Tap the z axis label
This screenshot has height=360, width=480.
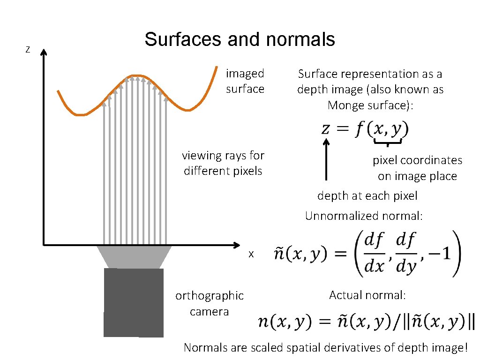click(x=28, y=50)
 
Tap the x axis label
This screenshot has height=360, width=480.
click(x=251, y=254)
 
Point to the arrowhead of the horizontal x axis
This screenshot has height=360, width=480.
click(x=237, y=245)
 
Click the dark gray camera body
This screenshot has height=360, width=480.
click(x=134, y=302)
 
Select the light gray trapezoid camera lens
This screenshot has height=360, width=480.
click(x=134, y=256)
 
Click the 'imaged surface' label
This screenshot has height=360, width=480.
click(x=245, y=81)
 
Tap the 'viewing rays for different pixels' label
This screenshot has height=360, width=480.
click(x=223, y=163)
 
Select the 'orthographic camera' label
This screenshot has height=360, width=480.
click(x=209, y=303)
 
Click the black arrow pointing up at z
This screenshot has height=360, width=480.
click(x=327, y=159)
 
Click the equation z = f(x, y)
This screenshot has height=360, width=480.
click(x=365, y=129)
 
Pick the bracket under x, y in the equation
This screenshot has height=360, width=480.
click(x=388, y=142)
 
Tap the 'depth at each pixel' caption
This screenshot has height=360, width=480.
click(x=367, y=195)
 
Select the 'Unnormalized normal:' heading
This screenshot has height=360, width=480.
click(x=364, y=216)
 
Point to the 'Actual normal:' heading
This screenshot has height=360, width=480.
click(x=367, y=295)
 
